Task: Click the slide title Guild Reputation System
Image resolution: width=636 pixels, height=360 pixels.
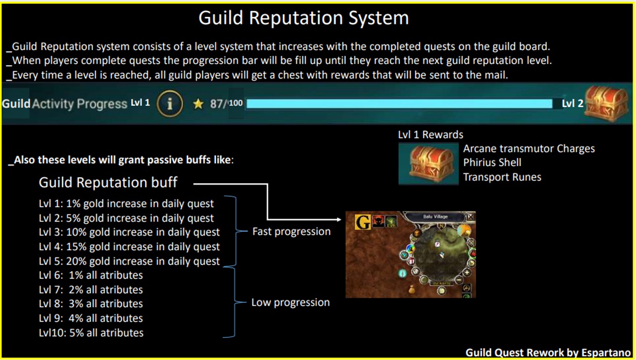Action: click(303, 18)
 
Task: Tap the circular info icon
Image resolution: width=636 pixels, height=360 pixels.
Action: click(170, 104)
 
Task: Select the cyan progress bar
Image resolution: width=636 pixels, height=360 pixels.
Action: click(399, 104)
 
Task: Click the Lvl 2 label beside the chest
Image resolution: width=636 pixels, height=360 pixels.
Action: click(572, 103)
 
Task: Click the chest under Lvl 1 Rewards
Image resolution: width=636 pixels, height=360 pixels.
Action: click(428, 163)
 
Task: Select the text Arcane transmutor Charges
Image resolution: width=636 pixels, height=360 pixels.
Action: click(529, 149)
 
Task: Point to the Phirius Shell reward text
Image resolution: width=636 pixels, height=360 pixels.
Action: click(492, 163)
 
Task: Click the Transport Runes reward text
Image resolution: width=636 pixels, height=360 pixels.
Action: click(502, 177)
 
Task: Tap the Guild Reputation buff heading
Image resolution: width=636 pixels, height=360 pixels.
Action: click(108, 182)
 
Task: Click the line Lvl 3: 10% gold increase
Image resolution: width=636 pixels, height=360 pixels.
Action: click(129, 232)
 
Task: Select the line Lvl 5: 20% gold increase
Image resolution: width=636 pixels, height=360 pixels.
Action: click(129, 261)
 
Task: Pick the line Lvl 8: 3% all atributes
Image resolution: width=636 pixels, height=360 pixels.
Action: click(91, 304)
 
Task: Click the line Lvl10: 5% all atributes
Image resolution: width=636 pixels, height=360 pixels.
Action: click(91, 333)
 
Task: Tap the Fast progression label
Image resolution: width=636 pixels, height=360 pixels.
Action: click(291, 231)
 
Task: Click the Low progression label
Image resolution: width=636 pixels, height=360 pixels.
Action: click(290, 302)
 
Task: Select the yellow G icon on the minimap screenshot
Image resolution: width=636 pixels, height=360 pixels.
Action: click(363, 222)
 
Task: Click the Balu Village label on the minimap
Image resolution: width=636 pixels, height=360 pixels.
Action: click(436, 216)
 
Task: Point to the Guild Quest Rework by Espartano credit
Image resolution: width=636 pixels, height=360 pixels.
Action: click(548, 353)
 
